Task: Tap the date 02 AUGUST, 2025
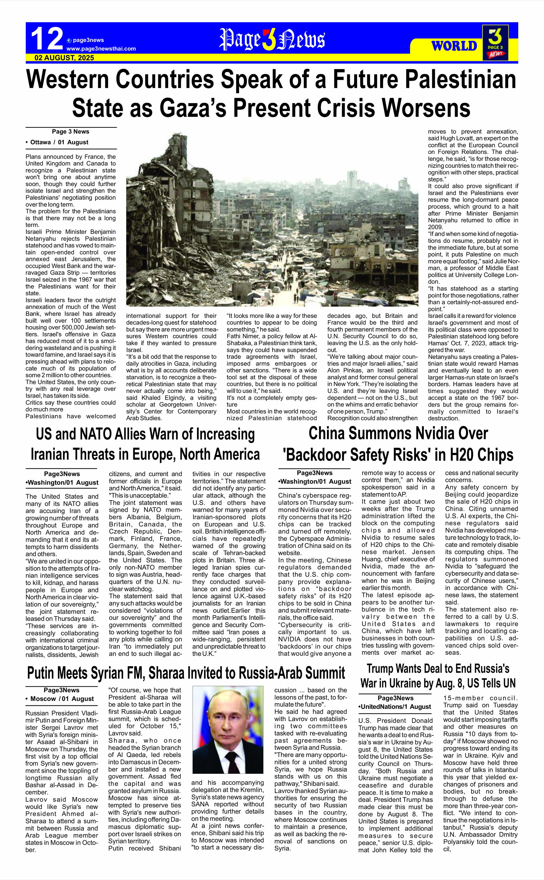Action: pyautogui.click(x=64, y=58)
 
